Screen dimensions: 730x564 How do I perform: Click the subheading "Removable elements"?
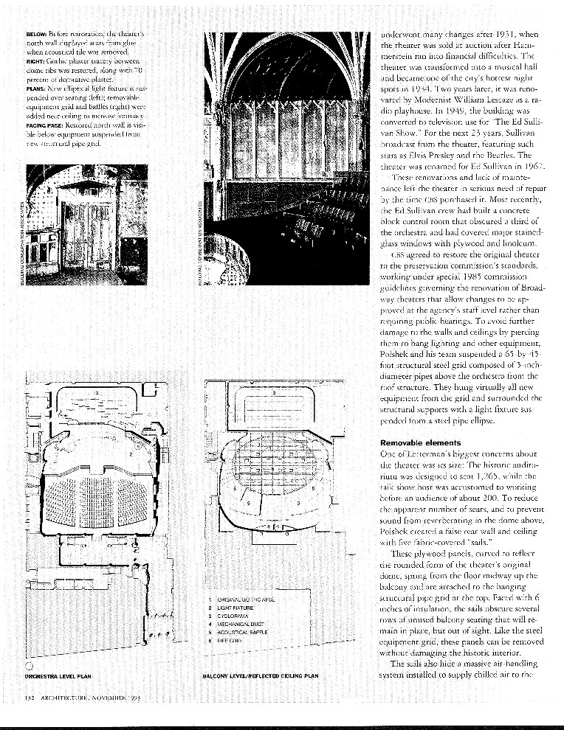(x=420, y=442)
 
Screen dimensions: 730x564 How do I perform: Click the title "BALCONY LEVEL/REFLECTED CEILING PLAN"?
(x=260, y=675)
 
